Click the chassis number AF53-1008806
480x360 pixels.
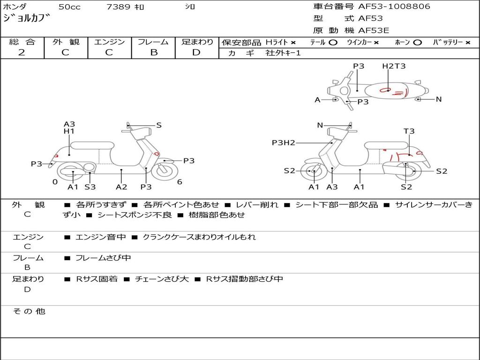pos(394,6)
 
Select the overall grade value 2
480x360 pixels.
pos(22,52)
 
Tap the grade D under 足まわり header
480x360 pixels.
pos(196,52)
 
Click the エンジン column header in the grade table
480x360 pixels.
pos(109,42)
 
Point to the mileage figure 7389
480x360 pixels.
pos(118,7)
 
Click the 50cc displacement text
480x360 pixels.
pos(69,7)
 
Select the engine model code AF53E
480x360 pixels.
pos(374,30)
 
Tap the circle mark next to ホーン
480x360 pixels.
pos(417,43)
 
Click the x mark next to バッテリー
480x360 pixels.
pos(468,43)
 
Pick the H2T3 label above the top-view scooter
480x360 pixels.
pos(394,66)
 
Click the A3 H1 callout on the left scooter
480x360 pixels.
pos(69,127)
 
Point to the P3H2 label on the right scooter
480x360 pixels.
pos(284,142)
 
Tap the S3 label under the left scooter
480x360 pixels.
pos(90,187)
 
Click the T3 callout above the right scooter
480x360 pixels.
pos(409,131)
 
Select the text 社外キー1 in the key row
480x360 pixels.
pos(283,53)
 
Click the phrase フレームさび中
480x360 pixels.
pos(103,258)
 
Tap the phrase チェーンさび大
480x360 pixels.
pos(162,279)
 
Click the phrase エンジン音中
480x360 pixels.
pos(101,237)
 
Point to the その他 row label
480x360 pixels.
pos(29,311)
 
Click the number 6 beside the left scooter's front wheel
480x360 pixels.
pos(180,182)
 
